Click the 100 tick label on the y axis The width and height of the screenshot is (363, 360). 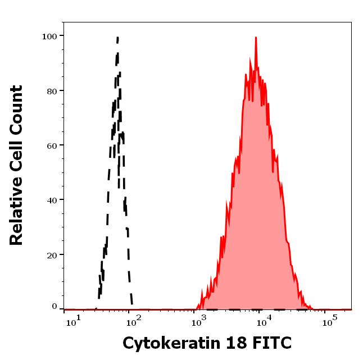pos(50,37)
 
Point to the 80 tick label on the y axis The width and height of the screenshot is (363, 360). pos(52,91)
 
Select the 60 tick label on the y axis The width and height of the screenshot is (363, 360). pos(52,145)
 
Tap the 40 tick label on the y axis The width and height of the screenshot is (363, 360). pos(52,200)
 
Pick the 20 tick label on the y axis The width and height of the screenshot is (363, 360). pos(52,254)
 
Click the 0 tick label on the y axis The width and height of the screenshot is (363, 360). pos(55,307)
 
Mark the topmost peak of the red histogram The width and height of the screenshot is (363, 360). pos(256,38)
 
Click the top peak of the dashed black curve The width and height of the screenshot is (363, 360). pos(117,38)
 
